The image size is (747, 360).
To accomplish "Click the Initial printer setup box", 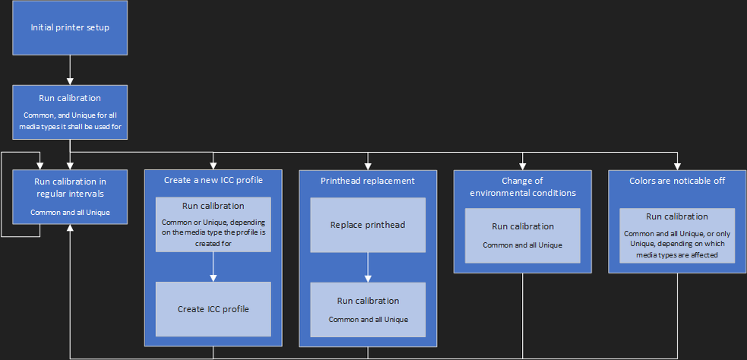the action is [x=70, y=27].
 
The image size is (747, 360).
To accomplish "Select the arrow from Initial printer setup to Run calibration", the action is [x=70, y=70].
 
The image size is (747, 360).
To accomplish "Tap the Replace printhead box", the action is [x=368, y=225].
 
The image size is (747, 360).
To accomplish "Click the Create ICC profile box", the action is [x=214, y=309].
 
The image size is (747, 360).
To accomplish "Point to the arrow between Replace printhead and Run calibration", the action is [x=368, y=267].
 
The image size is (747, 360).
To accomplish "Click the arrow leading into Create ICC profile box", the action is [x=214, y=267].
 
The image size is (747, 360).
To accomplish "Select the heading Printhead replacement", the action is [x=368, y=181].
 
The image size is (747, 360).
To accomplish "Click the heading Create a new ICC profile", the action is [x=214, y=181].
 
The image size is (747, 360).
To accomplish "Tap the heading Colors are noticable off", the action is [x=677, y=181].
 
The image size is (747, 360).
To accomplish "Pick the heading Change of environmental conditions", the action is [x=523, y=187].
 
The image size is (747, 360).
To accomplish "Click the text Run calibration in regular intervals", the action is [x=70, y=188].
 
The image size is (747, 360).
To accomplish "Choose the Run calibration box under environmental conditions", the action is [x=523, y=235].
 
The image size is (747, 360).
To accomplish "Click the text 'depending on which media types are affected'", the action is [x=677, y=249].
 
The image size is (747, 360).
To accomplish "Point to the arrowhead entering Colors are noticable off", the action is [x=677, y=166].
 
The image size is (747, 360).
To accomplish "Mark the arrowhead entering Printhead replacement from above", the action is [x=368, y=166].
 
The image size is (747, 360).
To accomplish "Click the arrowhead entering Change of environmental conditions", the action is [x=523, y=166].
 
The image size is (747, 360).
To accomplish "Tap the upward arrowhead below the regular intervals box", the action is [x=70, y=228].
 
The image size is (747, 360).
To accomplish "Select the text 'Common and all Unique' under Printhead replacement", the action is [x=368, y=320].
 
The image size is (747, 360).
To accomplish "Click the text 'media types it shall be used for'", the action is [x=70, y=127].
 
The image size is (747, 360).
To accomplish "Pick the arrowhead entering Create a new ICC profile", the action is [x=214, y=166].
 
